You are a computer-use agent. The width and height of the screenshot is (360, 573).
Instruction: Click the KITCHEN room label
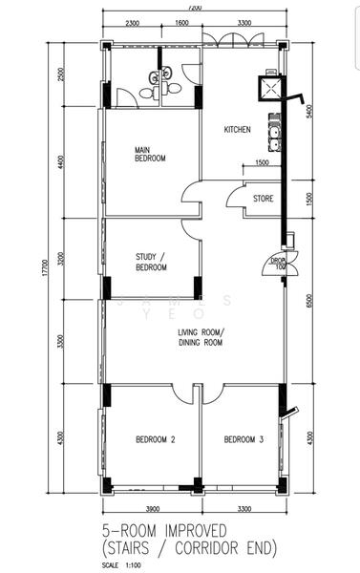[x=238, y=131]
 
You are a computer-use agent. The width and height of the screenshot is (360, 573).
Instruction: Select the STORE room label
[x=264, y=199]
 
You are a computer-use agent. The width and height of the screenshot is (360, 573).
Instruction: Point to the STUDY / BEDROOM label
[x=151, y=262]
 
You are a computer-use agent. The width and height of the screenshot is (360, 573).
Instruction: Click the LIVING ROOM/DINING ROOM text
[x=201, y=336]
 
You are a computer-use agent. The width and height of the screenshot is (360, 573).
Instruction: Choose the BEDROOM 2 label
[x=153, y=439]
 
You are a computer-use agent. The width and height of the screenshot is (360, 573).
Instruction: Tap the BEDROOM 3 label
[x=243, y=439]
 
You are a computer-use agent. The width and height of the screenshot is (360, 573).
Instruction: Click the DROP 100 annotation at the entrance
[x=279, y=263]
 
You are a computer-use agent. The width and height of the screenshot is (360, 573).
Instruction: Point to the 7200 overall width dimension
[x=195, y=7]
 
